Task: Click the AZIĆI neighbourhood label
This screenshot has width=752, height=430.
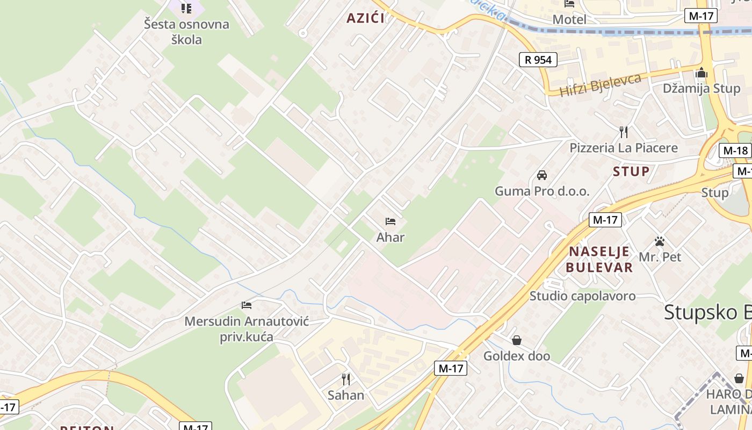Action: pyautogui.click(x=365, y=18)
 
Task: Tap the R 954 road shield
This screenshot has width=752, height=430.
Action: pyautogui.click(x=538, y=59)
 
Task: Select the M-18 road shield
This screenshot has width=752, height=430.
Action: pyautogui.click(x=735, y=150)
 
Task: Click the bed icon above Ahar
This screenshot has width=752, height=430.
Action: pyautogui.click(x=391, y=221)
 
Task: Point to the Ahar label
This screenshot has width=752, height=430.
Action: pyautogui.click(x=391, y=237)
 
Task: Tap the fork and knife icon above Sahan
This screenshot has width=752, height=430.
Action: pyautogui.click(x=346, y=379)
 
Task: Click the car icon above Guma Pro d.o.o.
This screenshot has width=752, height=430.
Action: pyautogui.click(x=542, y=175)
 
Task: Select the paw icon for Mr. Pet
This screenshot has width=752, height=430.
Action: pyautogui.click(x=660, y=241)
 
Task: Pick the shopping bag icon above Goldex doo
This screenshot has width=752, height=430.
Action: pyautogui.click(x=517, y=340)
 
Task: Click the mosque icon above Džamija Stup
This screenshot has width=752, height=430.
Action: pyautogui.click(x=701, y=73)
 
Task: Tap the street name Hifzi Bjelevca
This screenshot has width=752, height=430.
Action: pyautogui.click(x=601, y=85)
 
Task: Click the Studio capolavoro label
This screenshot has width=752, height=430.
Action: pyautogui.click(x=582, y=296)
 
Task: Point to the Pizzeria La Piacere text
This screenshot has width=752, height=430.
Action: pyautogui.click(x=624, y=147)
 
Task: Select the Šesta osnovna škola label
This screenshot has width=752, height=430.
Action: pyautogui.click(x=186, y=32)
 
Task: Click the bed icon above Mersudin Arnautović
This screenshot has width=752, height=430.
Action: pyautogui.click(x=247, y=305)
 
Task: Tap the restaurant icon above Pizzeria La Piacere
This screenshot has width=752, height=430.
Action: pyautogui.click(x=624, y=132)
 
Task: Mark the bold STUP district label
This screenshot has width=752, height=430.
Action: pyautogui.click(x=631, y=171)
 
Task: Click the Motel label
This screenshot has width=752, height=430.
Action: pyautogui.click(x=569, y=19)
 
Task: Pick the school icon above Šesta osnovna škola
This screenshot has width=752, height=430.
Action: pyautogui.click(x=186, y=8)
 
